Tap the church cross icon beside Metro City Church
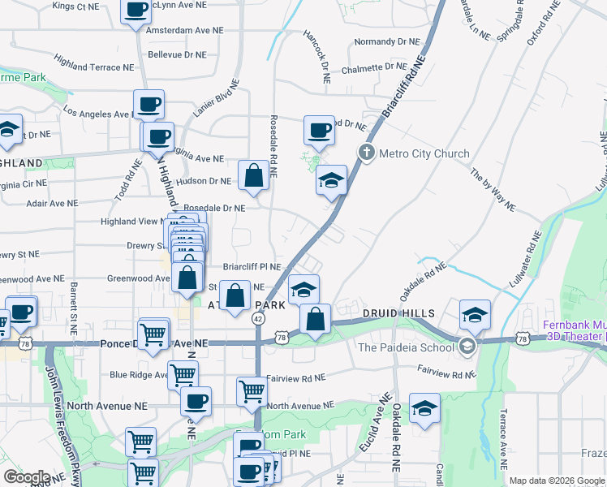(366, 153)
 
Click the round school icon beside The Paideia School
(466, 347)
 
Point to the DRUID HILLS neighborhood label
(399, 313)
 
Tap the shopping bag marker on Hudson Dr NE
(253, 175)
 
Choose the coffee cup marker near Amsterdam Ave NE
(137, 10)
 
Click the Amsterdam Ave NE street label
(184, 30)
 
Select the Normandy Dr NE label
(387, 41)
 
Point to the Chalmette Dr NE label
(373, 67)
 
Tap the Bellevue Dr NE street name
(177, 55)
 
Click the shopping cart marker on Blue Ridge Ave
(183, 374)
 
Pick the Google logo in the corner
(27, 477)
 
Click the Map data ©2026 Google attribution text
(557, 481)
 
